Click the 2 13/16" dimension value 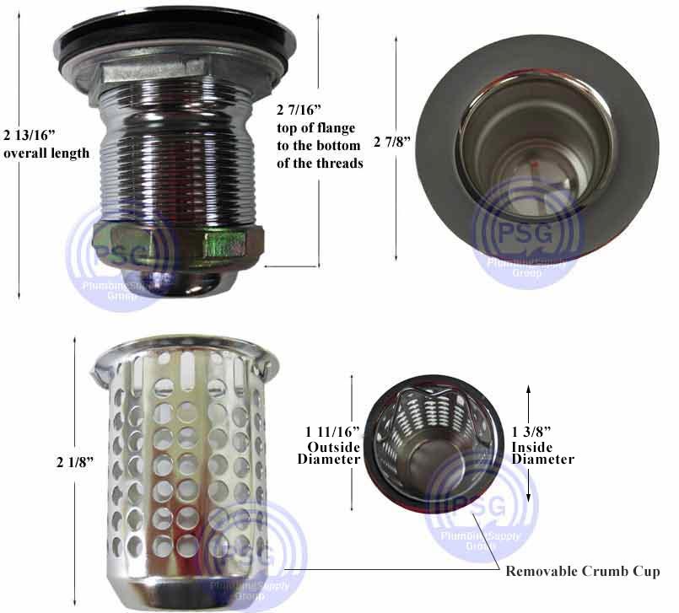click(30, 136)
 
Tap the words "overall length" click(46, 153)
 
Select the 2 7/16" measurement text click(299, 110)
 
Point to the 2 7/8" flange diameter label click(392, 142)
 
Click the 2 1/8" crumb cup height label click(75, 462)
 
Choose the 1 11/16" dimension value click(332, 432)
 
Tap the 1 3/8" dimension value click(531, 432)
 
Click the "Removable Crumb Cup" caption click(583, 571)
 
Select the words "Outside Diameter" click(329, 453)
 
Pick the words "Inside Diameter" click(543, 453)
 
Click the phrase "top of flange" click(315, 128)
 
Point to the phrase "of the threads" click(320, 164)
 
